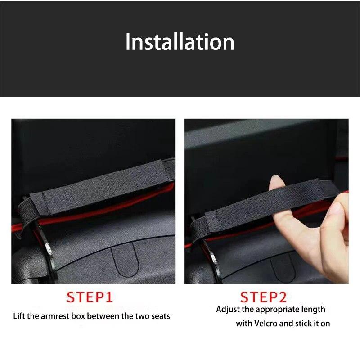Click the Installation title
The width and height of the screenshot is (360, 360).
point(180,42)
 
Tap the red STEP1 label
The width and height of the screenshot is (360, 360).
point(90,297)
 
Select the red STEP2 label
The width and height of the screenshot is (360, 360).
point(263,297)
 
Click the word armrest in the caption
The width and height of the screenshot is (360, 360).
point(56,316)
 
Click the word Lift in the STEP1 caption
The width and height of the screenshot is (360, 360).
point(20,316)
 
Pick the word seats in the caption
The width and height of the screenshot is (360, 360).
point(160,316)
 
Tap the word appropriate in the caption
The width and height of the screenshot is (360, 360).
point(270,310)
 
